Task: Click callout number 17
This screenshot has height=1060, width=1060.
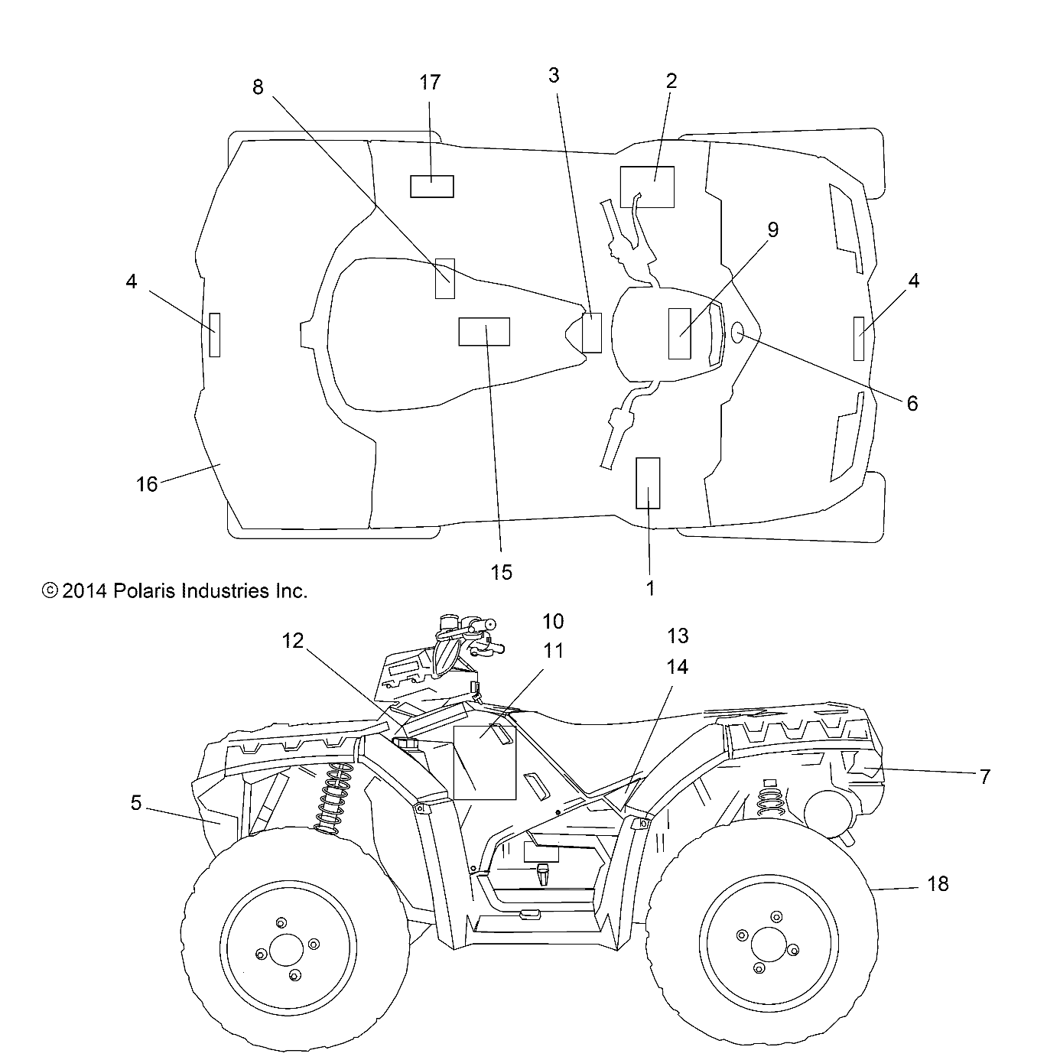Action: [431, 82]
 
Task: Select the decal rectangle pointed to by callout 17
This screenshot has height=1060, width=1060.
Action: [432, 186]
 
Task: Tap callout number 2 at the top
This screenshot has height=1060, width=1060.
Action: [671, 80]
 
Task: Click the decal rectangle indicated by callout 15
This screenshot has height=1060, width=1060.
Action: [483, 332]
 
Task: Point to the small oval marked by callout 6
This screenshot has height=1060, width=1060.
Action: [738, 332]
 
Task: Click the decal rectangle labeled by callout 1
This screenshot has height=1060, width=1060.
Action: [648, 483]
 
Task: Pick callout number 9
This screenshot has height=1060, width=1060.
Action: [772, 229]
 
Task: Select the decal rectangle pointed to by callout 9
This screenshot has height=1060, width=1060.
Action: [680, 333]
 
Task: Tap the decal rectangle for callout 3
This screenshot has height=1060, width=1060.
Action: [591, 332]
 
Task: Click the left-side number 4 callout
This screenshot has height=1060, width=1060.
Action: [132, 281]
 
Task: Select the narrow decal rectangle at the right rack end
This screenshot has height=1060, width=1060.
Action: [859, 337]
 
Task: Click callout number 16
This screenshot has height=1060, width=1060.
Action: [147, 484]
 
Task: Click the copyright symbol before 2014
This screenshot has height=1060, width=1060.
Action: [50, 590]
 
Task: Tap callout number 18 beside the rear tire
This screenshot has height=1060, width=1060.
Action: [937, 884]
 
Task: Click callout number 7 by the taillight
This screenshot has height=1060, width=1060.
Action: [984, 777]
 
